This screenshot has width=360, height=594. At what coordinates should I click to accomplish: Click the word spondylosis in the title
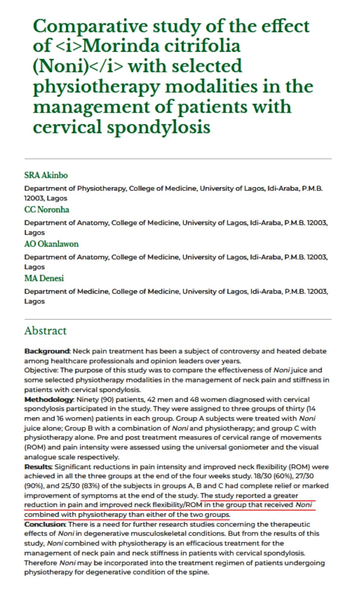coord(159,127)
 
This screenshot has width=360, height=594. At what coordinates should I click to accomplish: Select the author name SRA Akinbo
coord(46,175)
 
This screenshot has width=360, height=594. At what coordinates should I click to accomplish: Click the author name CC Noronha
coord(47,210)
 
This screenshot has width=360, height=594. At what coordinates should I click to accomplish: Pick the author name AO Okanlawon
coord(51,244)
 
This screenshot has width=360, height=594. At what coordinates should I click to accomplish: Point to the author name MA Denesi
coord(44,278)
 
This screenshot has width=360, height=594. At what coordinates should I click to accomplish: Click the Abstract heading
coord(45,331)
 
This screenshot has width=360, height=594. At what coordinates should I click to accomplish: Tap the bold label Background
coord(47,351)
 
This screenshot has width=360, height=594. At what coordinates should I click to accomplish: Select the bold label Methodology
coord(49,399)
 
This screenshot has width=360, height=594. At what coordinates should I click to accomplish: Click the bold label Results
coord(38,467)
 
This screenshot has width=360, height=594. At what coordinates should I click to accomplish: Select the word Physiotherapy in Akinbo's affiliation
coord(101,189)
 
